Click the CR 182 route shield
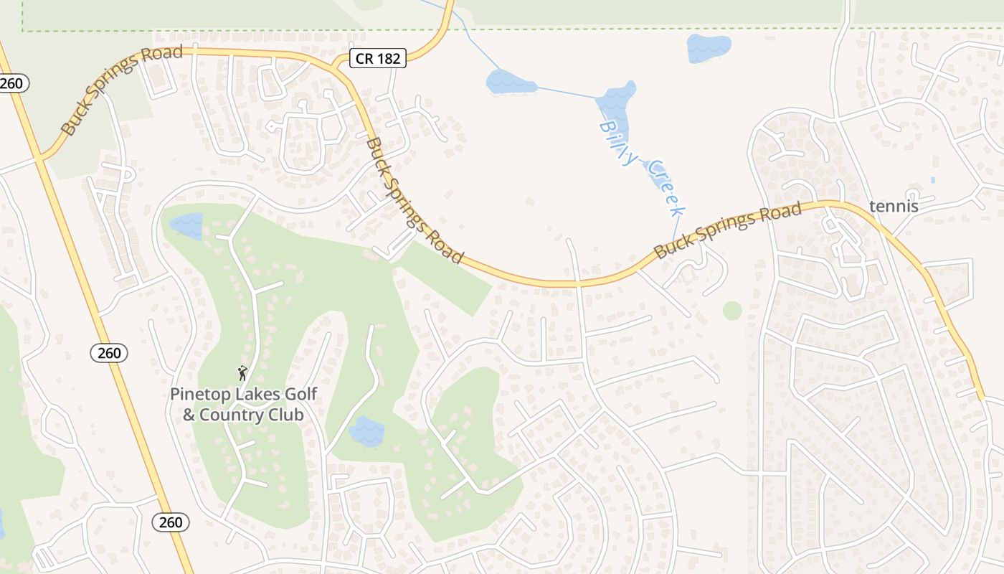(378, 58)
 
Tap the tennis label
(893, 207)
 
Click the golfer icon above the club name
(242, 373)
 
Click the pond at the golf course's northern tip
(186, 225)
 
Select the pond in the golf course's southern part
(366, 431)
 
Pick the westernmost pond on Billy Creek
(510, 83)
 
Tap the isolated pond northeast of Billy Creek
(709, 48)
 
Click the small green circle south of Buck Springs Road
(732, 311)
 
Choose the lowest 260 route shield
(171, 522)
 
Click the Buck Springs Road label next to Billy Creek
(727, 230)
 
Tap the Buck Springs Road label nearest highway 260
(121, 90)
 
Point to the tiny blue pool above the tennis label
(932, 179)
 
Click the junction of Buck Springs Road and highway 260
(41, 158)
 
